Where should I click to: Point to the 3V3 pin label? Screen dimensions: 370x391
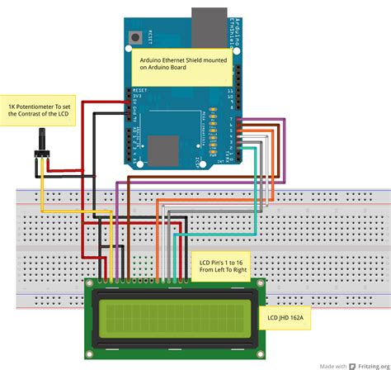[137, 98]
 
